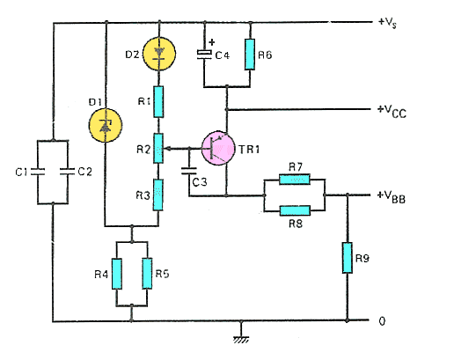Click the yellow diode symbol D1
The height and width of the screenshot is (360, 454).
(x=106, y=126)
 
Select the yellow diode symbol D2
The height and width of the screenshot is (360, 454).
(x=159, y=54)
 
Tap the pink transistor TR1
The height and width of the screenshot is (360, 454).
(x=218, y=148)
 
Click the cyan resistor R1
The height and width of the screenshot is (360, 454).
(x=158, y=101)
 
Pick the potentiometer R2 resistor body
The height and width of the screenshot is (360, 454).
(x=158, y=148)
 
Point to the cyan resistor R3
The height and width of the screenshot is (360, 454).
(x=158, y=195)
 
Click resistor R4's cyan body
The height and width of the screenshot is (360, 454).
(x=117, y=274)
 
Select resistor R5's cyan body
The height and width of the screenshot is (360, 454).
(x=147, y=274)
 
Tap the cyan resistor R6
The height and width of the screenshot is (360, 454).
(x=250, y=55)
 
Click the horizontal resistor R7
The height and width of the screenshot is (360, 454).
(x=295, y=180)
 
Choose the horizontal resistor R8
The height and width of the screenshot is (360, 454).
(x=295, y=210)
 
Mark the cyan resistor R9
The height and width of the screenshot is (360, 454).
(x=348, y=258)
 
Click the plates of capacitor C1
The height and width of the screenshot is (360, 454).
(x=38, y=172)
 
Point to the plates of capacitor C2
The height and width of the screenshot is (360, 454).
(x=68, y=172)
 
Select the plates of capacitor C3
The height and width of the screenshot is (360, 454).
(x=189, y=171)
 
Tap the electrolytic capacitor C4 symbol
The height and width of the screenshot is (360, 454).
(x=204, y=55)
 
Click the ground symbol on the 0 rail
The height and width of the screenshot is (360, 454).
(x=241, y=340)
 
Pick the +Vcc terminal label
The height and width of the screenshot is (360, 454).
(x=392, y=112)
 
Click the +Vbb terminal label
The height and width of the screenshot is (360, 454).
(x=392, y=197)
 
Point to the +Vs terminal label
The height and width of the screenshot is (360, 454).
(x=387, y=23)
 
